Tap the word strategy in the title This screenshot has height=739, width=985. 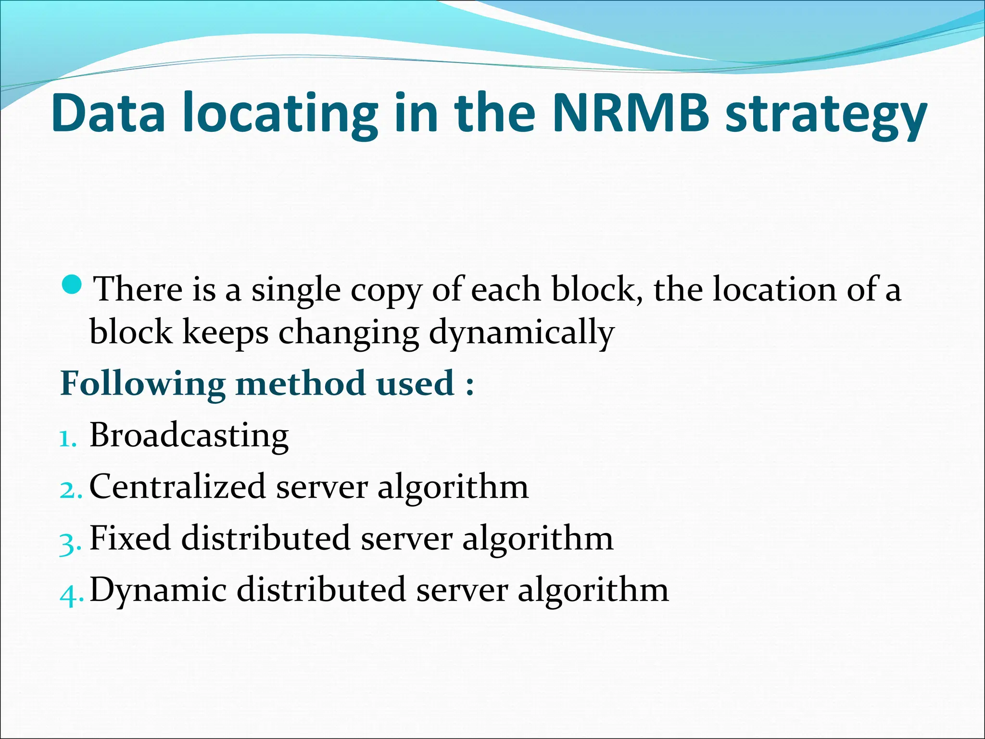[x=825, y=115]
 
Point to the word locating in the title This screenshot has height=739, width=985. [x=280, y=115]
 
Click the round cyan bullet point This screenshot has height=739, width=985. [x=73, y=285]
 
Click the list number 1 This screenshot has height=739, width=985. [x=67, y=439]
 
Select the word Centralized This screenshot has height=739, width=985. [x=177, y=486]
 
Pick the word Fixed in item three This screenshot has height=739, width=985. [x=130, y=538]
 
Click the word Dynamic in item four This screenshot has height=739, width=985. [x=158, y=590]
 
